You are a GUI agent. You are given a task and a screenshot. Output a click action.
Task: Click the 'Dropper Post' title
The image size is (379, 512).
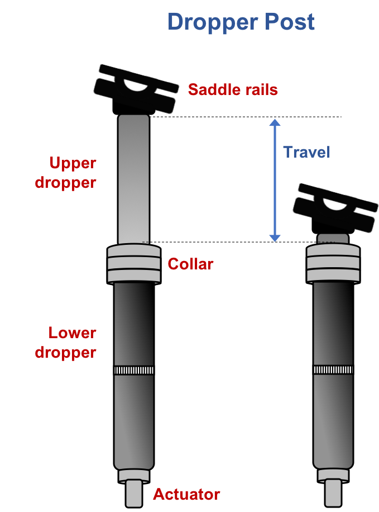241,22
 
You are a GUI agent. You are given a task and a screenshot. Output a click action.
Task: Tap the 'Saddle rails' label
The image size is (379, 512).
232,89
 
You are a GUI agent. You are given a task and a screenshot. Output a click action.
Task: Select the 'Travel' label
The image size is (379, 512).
306,152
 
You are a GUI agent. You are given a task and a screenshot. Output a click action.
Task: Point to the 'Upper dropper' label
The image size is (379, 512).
73,173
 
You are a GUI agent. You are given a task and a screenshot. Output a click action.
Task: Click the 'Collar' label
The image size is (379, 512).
190,264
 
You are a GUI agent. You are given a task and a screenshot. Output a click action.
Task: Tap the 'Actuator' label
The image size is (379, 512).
186,494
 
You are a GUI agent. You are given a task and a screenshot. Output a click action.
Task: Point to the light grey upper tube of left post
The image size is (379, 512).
134,179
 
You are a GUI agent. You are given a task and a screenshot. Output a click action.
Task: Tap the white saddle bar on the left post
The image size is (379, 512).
135,66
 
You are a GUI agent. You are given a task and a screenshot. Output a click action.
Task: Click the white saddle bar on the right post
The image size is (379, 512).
334,186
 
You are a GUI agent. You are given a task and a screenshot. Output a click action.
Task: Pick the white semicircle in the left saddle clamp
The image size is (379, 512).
135,85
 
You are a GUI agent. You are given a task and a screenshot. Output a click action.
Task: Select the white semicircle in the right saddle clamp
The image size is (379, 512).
334,205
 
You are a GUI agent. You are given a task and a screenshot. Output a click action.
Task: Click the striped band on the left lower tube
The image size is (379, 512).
134,371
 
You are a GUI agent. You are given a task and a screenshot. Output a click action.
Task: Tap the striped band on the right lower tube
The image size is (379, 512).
333,371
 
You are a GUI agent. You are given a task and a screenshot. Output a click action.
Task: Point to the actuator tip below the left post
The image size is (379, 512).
134,493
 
